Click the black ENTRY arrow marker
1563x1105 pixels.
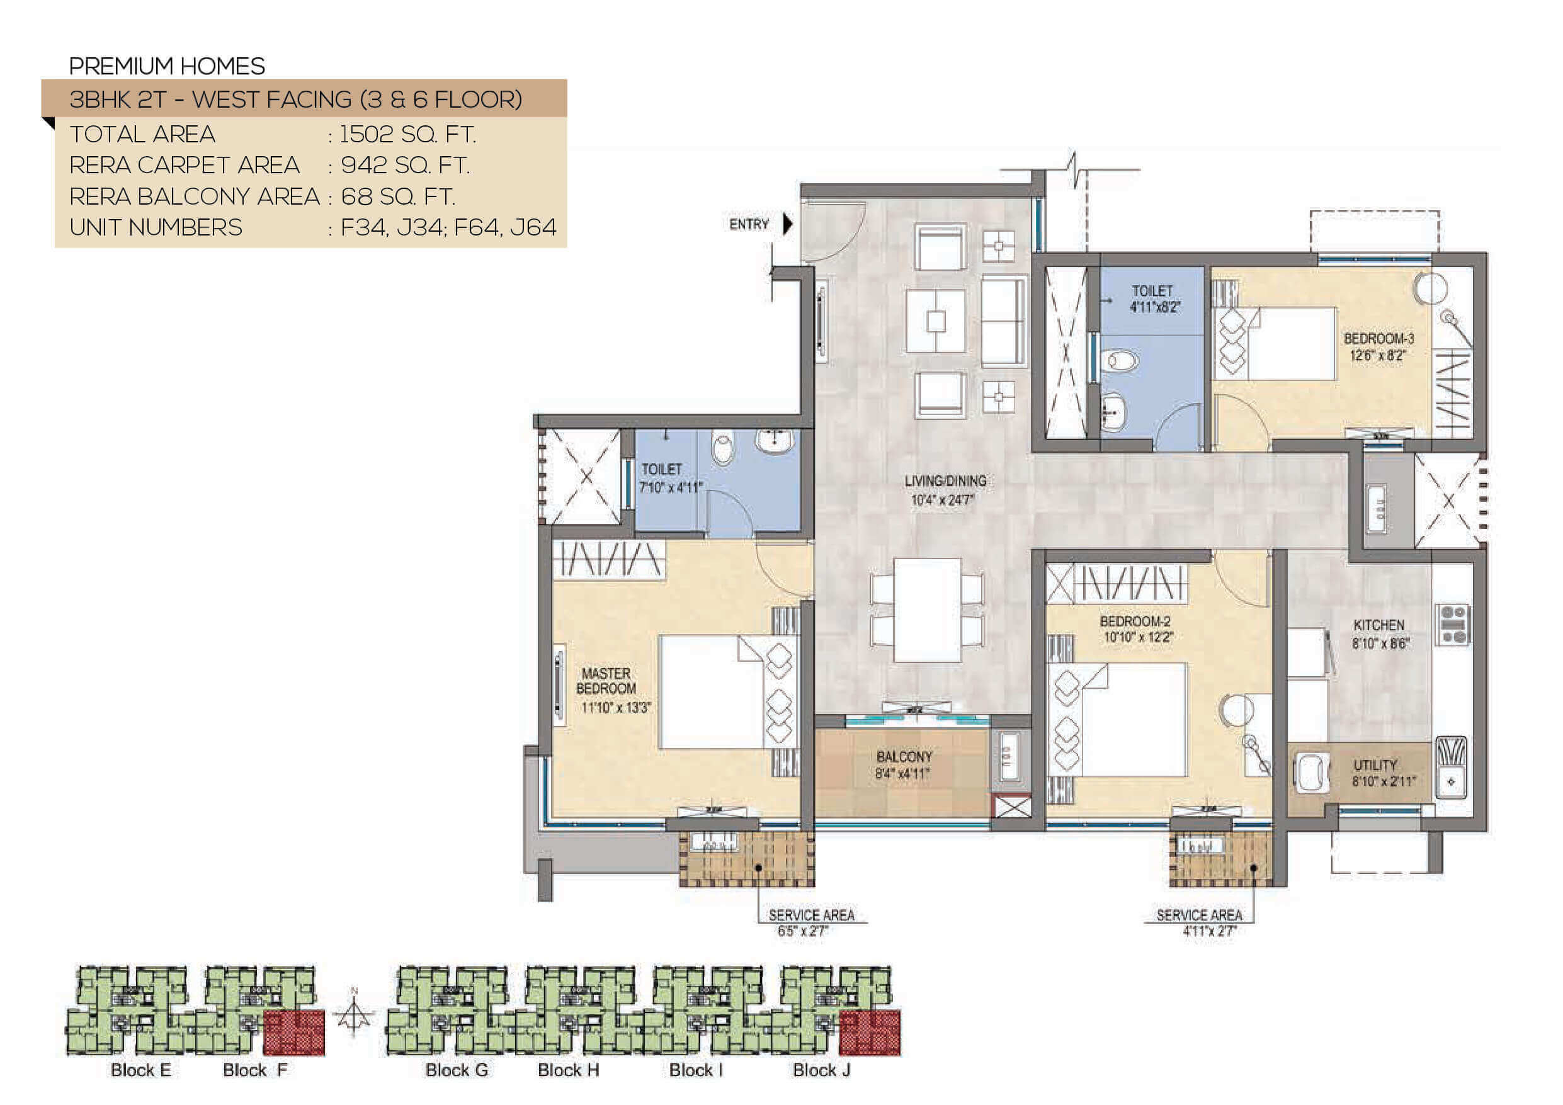(x=788, y=224)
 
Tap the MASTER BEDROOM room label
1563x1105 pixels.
(x=606, y=681)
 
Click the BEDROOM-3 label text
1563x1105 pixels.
(x=1378, y=338)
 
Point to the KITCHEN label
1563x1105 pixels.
(x=1378, y=625)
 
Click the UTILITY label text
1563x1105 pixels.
(x=1375, y=765)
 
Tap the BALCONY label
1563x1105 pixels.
(x=904, y=756)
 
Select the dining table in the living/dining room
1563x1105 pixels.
(x=927, y=610)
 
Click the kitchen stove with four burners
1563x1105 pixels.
(x=1453, y=625)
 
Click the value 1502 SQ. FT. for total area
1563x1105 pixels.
(x=408, y=134)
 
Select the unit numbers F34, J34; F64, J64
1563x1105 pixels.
(x=448, y=227)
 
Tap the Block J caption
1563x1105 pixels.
(x=822, y=1070)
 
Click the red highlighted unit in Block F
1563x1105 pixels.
(x=293, y=1032)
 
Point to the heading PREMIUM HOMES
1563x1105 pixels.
(x=167, y=66)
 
